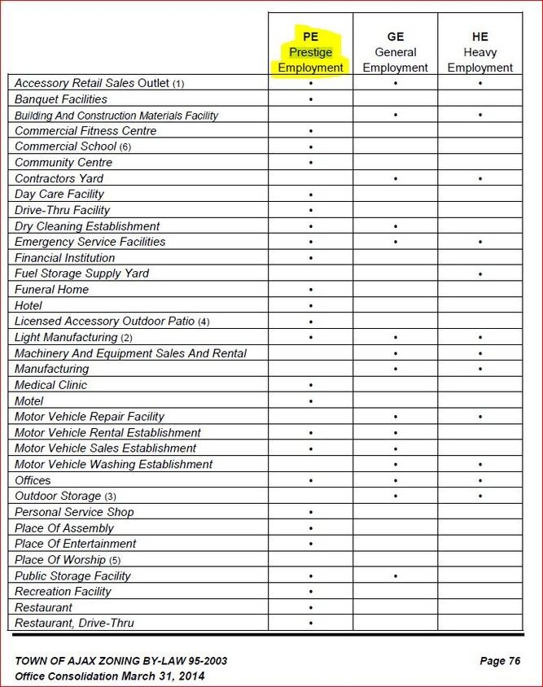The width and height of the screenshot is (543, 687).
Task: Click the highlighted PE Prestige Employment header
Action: tap(310, 52)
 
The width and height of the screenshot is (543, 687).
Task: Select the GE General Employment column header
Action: tap(395, 52)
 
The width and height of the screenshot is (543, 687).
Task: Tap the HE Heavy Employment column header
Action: tap(480, 52)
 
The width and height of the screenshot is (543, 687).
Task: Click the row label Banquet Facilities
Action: tap(61, 99)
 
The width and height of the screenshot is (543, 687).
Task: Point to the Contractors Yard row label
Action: tap(59, 178)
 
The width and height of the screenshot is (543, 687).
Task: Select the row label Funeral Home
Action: tap(52, 290)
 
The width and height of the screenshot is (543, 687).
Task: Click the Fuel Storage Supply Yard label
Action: tap(82, 273)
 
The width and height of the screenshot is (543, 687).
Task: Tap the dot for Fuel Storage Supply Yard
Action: tap(480, 274)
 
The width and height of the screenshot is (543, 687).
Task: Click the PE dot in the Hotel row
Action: tap(311, 306)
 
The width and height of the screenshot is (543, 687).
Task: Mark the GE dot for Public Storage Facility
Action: tap(396, 576)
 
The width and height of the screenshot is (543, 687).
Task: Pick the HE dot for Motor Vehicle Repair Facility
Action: tap(480, 418)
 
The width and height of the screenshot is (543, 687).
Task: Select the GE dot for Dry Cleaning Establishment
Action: tap(396, 227)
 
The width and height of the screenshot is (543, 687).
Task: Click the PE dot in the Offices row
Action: tap(311, 481)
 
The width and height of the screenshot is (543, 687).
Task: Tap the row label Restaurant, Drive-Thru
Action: tap(75, 624)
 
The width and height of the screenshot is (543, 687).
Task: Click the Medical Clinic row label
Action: tap(51, 385)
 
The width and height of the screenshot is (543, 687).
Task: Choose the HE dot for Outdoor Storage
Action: tap(480, 497)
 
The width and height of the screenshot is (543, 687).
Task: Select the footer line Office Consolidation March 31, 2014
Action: tap(110, 676)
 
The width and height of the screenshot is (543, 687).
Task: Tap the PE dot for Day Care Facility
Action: tap(311, 195)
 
